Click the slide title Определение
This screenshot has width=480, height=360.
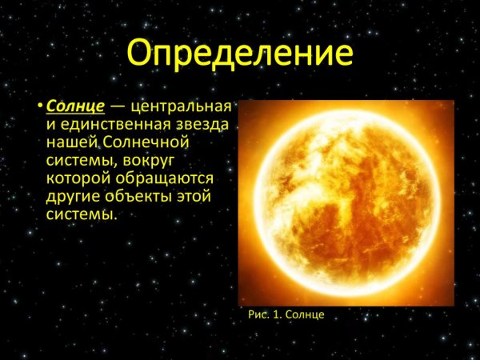point(240,53)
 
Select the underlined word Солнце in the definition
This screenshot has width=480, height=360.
point(74,107)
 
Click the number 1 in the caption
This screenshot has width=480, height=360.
point(277,315)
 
